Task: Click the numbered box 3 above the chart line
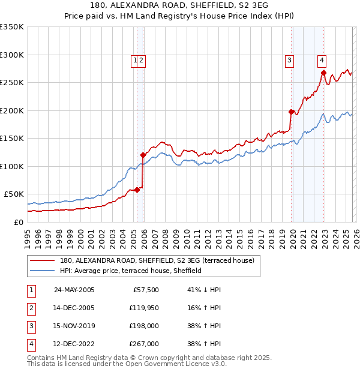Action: click(x=289, y=59)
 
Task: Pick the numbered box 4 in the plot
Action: click(x=322, y=59)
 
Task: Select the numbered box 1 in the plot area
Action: click(x=135, y=59)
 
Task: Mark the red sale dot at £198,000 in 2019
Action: click(x=291, y=112)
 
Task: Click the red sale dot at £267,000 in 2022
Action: click(x=323, y=73)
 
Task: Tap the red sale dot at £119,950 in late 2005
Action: click(x=143, y=155)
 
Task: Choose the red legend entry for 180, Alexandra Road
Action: click(x=157, y=260)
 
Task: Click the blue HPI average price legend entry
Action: click(x=130, y=271)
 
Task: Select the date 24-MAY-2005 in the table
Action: click(x=74, y=290)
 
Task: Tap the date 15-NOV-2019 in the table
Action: click(x=74, y=326)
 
